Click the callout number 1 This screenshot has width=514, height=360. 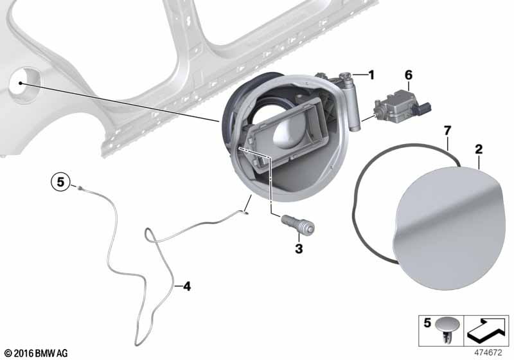(x=370, y=76)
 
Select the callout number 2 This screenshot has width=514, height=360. (x=479, y=150)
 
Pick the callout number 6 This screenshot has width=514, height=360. (x=408, y=75)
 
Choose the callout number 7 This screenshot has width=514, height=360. (x=448, y=131)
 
